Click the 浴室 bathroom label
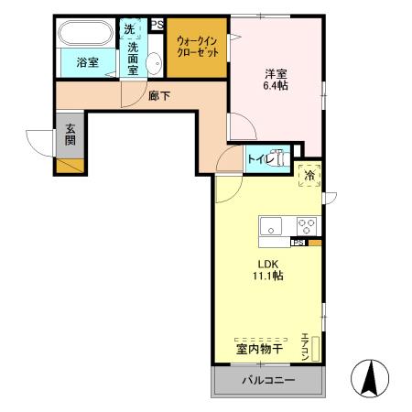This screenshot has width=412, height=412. [x=87, y=63]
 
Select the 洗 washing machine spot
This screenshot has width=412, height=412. [x=132, y=29]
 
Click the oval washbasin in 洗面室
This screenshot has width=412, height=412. [x=154, y=62]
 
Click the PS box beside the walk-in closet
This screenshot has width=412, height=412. [x=157, y=25]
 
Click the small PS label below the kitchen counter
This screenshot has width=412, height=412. [x=298, y=243]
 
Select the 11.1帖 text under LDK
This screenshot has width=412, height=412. [x=268, y=275]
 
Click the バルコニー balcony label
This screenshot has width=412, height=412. [x=267, y=379]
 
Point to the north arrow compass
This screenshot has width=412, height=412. [x=371, y=377]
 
